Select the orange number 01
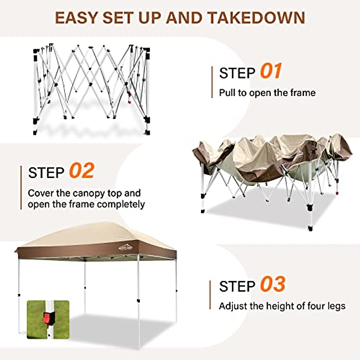(x=271, y=71)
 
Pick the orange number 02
(x=82, y=171)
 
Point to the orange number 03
(x=272, y=284)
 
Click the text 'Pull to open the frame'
(x=267, y=93)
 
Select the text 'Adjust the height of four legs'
(x=282, y=306)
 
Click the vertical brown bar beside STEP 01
(x=212, y=82)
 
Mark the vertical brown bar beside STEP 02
(x=21, y=187)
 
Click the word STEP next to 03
(x=237, y=286)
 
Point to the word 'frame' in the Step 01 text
(x=303, y=93)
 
